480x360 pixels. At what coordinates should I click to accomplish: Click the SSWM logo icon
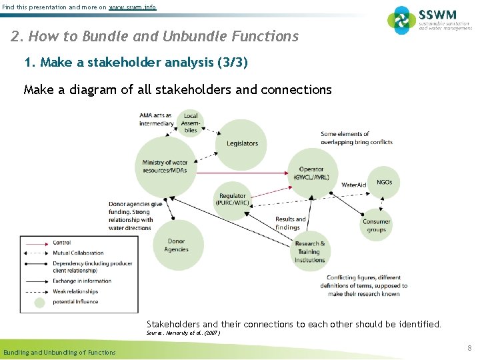coord(402,20)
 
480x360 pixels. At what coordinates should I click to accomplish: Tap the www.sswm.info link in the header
coord(133,7)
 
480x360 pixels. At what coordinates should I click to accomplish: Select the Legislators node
coord(241,143)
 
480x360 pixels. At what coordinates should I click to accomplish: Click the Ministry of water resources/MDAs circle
coord(165,166)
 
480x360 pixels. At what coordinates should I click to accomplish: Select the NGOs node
coord(384,182)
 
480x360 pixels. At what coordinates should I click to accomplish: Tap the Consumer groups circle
coord(377,225)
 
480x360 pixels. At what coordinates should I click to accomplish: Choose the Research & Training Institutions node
coord(310,251)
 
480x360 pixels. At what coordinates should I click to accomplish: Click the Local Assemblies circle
coord(191,123)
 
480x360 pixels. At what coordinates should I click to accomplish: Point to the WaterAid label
coord(353,185)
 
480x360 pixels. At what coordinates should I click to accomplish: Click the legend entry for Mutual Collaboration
coord(78,253)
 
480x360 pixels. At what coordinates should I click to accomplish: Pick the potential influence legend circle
coord(39,302)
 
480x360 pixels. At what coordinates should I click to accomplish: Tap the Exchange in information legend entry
coord(82,281)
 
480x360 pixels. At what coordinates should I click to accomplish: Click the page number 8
coord(469,348)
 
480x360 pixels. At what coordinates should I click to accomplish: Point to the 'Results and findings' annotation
coord(290,223)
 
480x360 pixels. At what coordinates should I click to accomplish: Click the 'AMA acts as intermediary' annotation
coord(156,119)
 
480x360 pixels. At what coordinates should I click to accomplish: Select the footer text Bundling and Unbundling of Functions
coord(59,352)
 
